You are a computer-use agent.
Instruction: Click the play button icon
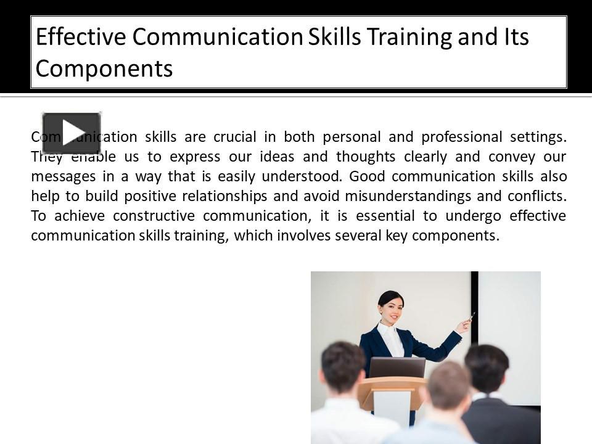[71, 133]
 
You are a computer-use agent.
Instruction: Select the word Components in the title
[104, 69]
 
